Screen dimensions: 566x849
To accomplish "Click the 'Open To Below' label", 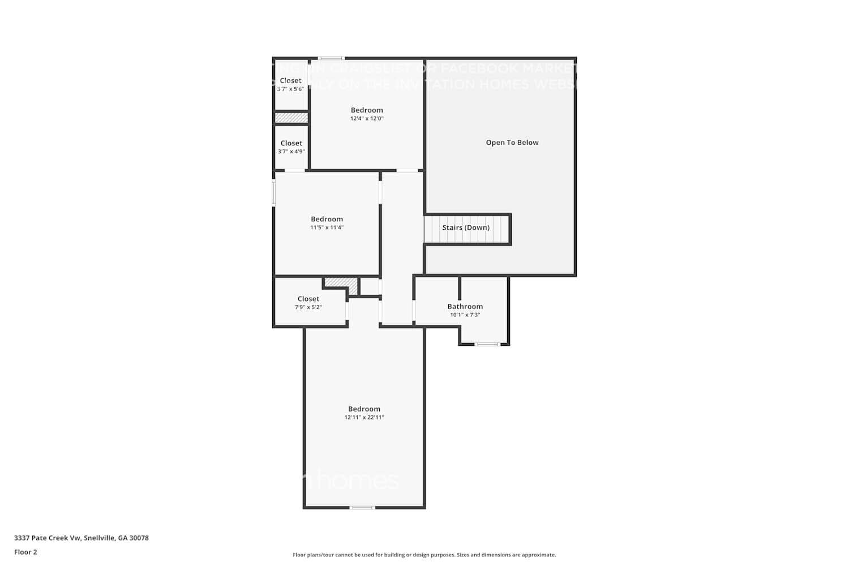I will coord(512,143).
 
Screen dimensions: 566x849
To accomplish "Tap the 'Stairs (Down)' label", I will coord(466,228).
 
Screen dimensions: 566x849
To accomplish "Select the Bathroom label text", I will coord(465,306).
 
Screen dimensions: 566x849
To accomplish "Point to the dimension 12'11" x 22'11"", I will coord(364,418).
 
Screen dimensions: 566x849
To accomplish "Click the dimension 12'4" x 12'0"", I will coord(367,119).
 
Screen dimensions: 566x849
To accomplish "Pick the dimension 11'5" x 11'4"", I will coord(327,228).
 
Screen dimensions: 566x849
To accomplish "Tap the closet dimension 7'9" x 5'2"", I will coord(308,307).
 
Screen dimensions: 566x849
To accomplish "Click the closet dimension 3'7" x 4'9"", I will coord(291,152).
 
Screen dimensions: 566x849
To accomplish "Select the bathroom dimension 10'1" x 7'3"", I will coord(465,315).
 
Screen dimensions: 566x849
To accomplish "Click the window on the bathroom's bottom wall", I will coord(487,344).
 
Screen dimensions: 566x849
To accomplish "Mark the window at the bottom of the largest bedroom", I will coord(362,507).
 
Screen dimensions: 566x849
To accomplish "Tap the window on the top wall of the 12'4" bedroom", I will coord(331,58).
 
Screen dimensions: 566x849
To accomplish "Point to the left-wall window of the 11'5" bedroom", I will coord(274,192).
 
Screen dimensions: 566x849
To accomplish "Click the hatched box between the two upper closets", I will coord(291,118).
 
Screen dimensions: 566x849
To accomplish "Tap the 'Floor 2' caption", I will coord(25,552).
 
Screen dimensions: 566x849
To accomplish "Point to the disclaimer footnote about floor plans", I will coord(424,555).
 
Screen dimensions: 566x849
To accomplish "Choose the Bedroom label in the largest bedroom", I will coord(364,409).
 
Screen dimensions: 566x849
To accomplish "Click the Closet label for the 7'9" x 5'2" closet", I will coord(308,299).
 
